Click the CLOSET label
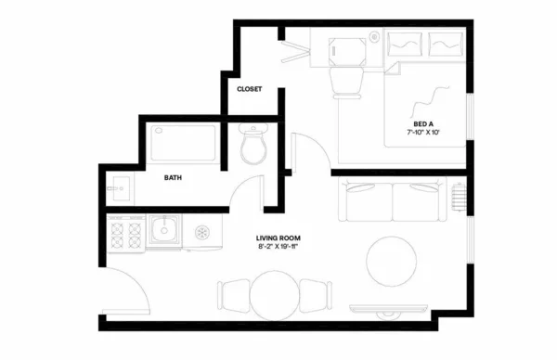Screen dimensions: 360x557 pyautogui.click(x=249, y=89)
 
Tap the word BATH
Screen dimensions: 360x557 pyautogui.click(x=173, y=176)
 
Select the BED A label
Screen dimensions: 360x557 pyautogui.click(x=422, y=124)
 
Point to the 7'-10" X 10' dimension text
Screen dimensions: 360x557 pyautogui.click(x=422, y=134)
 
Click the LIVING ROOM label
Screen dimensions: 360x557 pyautogui.click(x=276, y=238)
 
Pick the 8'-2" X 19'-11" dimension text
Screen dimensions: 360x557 pyautogui.click(x=276, y=248)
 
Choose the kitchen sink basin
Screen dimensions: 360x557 pyautogui.click(x=165, y=230)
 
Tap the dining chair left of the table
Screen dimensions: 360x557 pyautogui.click(x=232, y=295)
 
